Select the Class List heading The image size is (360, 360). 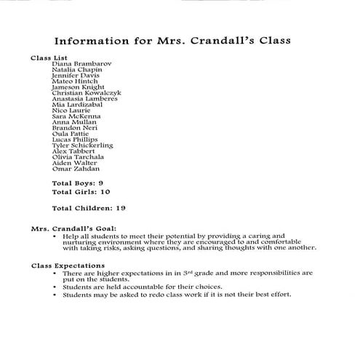[47, 57]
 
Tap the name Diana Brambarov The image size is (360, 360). [81, 63]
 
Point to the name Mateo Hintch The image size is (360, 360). [75, 81]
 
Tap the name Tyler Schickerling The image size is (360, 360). [83, 145]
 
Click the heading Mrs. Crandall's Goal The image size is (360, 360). [72, 228]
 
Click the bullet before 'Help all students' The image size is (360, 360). [55, 236]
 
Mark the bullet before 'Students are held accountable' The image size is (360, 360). [55, 287]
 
